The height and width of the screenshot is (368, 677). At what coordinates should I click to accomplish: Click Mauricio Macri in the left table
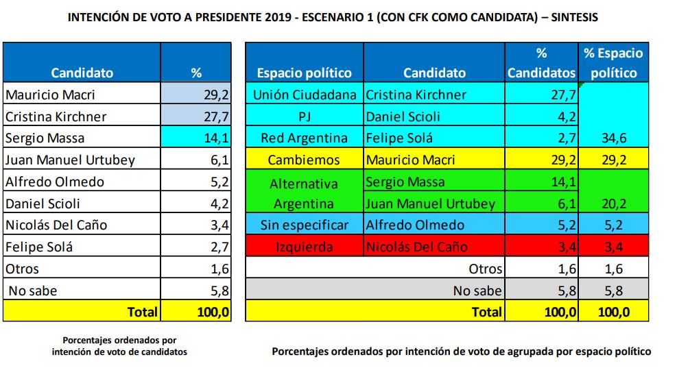[50, 95]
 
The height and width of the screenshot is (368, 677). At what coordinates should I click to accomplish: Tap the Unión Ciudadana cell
[304, 95]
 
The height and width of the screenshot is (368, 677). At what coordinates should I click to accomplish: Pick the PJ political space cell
[304, 116]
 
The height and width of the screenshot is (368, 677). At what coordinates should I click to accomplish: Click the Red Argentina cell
[304, 138]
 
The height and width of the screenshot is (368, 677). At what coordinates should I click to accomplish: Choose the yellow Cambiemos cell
[304, 160]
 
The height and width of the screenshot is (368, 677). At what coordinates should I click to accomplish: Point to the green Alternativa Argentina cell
[304, 193]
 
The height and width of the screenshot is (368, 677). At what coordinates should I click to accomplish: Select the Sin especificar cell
[304, 225]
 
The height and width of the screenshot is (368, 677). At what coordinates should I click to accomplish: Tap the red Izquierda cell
[304, 247]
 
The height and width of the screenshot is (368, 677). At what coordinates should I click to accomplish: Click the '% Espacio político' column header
[613, 62]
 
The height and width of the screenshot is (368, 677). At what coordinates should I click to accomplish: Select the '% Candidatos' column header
[541, 62]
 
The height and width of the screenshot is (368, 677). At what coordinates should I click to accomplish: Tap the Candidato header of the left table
[82, 73]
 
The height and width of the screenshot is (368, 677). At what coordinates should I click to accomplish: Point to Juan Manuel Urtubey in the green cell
[429, 204]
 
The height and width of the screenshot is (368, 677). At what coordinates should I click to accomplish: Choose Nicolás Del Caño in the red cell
[417, 247]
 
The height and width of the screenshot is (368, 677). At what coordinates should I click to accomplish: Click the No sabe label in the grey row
[477, 291]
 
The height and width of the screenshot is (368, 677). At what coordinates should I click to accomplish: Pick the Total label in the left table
[142, 312]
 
